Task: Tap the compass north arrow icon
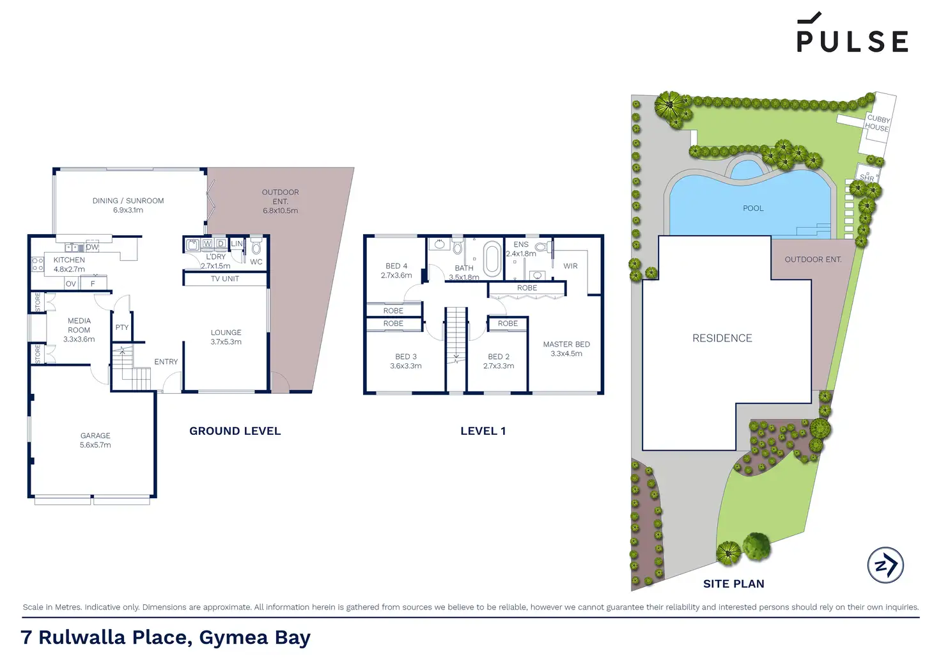885,565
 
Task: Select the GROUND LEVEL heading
235,431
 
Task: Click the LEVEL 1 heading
483,431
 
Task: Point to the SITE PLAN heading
733,584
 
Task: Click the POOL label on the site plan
753,208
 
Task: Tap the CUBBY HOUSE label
877,123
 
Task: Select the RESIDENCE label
722,338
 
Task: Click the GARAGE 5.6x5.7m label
95,440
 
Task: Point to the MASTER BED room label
566,348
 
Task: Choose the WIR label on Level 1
570,266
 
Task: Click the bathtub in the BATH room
492,258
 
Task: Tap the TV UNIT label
225,279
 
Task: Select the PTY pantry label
122,327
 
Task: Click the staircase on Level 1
456,334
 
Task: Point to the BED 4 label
396,270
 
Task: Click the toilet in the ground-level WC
256,247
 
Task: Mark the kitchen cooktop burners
38,264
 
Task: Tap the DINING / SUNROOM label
128,205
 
